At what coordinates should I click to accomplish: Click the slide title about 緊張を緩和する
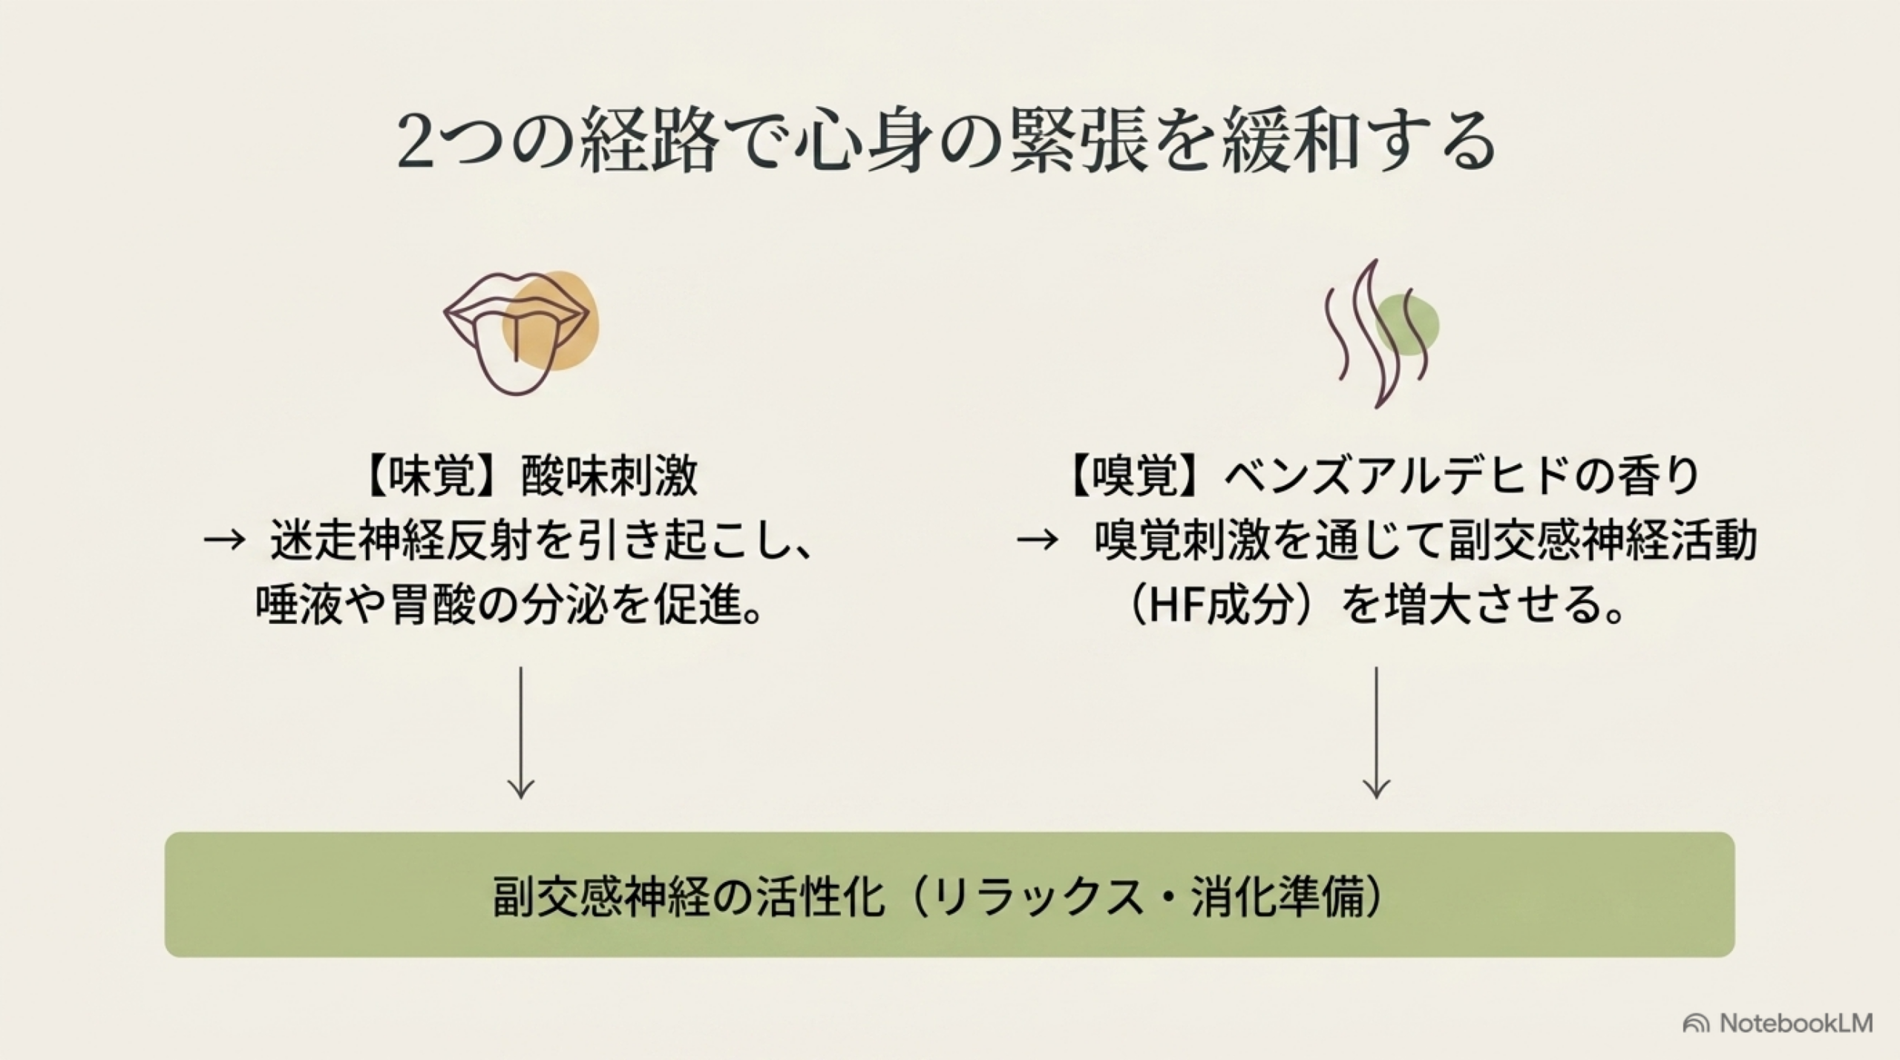click(x=946, y=142)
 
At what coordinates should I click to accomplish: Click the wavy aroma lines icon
click(x=1375, y=334)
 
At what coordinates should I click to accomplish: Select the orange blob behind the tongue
click(x=551, y=320)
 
